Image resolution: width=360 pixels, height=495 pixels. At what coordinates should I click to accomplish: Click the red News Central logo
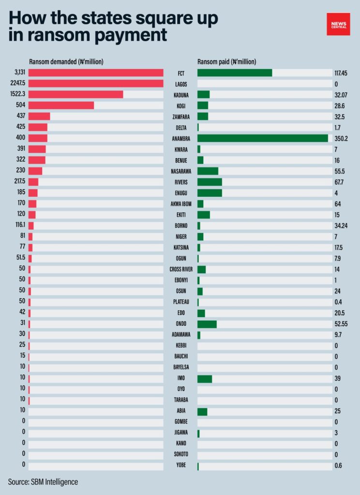[338, 24]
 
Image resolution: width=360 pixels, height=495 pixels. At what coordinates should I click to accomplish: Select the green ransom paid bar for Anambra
[262, 138]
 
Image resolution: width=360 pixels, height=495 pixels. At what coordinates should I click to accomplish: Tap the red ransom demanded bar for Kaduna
[75, 94]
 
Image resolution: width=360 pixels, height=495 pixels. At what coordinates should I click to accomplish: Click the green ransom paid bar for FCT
[235, 73]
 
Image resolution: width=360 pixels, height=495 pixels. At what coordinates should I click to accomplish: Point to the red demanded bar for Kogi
[61, 105]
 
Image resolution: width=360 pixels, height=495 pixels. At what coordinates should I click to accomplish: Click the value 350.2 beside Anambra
[341, 138]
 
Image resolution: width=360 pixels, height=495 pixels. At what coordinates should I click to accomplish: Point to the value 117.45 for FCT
[342, 73]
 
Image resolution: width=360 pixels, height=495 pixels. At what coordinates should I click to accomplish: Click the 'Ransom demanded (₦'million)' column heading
[66, 61]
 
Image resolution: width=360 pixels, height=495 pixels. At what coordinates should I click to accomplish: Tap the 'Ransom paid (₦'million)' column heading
[227, 61]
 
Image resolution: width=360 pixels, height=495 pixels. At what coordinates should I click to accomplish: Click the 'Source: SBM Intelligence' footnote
[43, 482]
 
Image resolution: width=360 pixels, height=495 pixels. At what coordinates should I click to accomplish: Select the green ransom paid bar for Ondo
[207, 324]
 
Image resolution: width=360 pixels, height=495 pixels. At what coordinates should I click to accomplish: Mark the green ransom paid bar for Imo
[204, 379]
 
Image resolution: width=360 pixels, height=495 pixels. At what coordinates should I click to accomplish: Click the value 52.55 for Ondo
[341, 324]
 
